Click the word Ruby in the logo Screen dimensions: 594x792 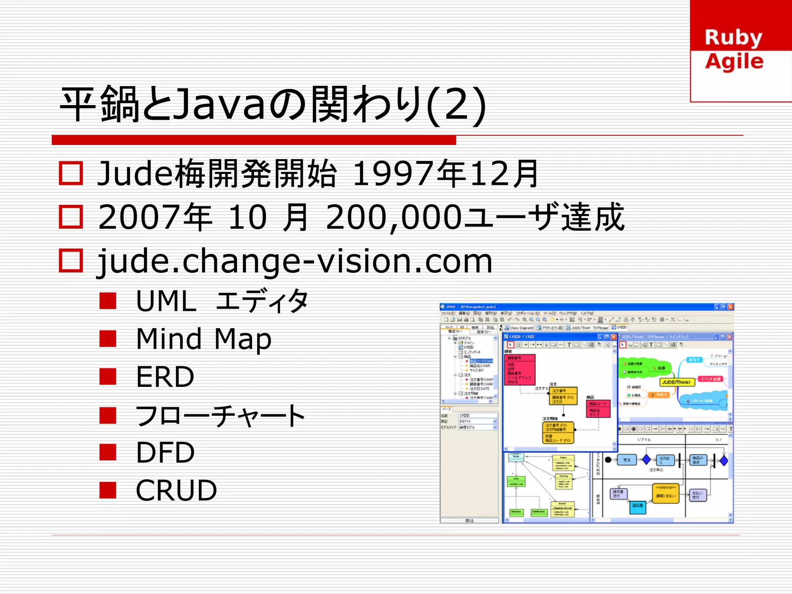pyautogui.click(x=733, y=38)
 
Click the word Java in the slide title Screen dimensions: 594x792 pyautogui.click(x=219, y=104)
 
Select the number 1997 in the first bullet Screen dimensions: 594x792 pyautogui.click(x=394, y=174)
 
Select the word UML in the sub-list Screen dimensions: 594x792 pyautogui.click(x=166, y=301)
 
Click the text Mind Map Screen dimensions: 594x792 pyautogui.click(x=204, y=339)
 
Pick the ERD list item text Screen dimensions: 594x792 pyautogui.click(x=165, y=377)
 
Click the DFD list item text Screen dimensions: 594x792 pyautogui.click(x=165, y=453)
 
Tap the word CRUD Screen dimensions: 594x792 pyautogui.click(x=176, y=490)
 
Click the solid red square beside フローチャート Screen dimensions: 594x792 pyautogui.click(x=108, y=415)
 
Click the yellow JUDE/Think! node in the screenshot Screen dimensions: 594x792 pyautogui.click(x=676, y=382)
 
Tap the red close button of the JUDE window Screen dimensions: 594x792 pyautogui.click(x=730, y=307)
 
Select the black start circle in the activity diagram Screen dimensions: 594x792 pyautogui.click(x=608, y=460)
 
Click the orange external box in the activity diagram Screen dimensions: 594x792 pyautogui.click(x=666, y=494)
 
